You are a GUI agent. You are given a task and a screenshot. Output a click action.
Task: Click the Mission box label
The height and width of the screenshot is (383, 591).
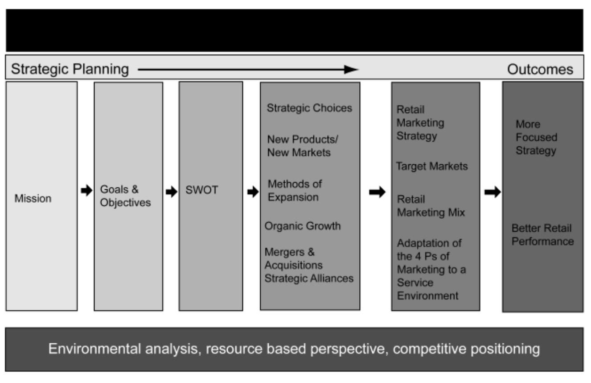tap(33, 199)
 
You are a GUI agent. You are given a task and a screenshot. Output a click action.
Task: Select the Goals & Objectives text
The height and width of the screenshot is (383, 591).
tap(125, 196)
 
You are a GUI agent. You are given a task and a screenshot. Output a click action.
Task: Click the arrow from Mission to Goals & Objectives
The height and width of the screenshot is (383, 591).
tap(85, 191)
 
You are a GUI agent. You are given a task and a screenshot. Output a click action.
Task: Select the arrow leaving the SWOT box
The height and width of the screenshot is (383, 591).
tap(252, 191)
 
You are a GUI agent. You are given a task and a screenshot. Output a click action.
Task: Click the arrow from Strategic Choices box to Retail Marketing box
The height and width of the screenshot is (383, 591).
tap(377, 192)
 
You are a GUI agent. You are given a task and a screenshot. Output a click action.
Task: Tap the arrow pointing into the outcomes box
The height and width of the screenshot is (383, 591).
tap(493, 192)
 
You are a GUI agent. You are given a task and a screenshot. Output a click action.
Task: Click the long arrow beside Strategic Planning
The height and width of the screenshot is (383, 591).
tap(248, 69)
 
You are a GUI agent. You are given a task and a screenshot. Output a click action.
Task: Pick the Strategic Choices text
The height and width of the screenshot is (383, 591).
tap(309, 108)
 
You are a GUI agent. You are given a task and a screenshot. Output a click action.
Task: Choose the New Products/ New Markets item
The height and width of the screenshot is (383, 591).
tap(302, 146)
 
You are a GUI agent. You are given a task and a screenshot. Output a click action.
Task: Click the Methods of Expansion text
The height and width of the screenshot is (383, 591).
tap(294, 191)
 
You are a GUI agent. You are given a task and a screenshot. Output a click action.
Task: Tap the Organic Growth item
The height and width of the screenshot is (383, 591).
tap(303, 226)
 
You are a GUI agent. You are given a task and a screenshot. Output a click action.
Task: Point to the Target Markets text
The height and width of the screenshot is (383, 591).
tap(432, 167)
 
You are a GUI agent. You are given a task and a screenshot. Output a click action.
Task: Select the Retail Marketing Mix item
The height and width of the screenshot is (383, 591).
tap(431, 206)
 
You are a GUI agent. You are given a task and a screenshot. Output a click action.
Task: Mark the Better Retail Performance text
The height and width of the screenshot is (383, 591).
tap(542, 235)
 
